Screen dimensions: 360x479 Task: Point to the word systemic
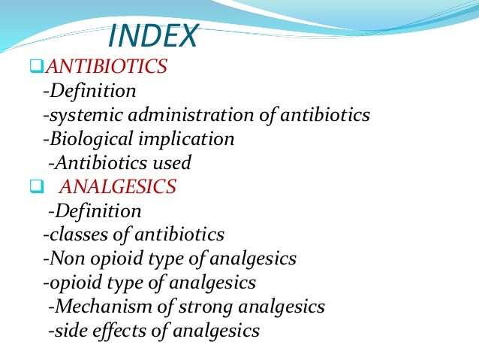(x=78, y=116)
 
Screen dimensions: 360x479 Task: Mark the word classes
(x=74, y=235)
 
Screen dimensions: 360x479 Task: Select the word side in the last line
(x=67, y=331)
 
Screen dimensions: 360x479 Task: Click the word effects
(x=113, y=331)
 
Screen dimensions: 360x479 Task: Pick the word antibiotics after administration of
(x=327, y=115)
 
